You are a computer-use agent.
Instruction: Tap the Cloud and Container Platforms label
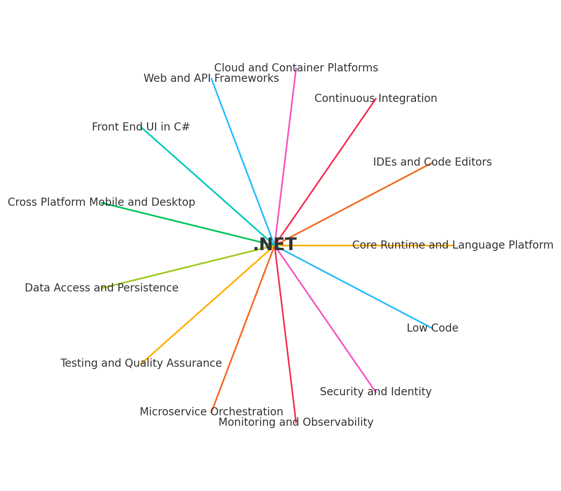point(296,68)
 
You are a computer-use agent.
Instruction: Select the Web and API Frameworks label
point(211,79)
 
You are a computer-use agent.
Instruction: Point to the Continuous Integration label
point(375,99)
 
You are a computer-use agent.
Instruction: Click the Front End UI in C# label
point(141,127)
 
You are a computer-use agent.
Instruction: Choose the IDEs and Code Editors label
point(432,163)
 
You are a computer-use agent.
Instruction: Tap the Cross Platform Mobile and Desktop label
point(101,203)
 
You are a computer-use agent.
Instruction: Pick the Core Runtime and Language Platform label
point(453,245)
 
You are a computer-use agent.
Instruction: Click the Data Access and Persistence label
point(101,288)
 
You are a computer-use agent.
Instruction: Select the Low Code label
point(432,328)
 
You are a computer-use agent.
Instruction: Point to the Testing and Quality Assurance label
point(141,364)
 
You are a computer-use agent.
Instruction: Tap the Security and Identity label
point(375,392)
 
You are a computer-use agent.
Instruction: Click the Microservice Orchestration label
point(211,412)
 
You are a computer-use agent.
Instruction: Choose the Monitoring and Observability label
point(296,423)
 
